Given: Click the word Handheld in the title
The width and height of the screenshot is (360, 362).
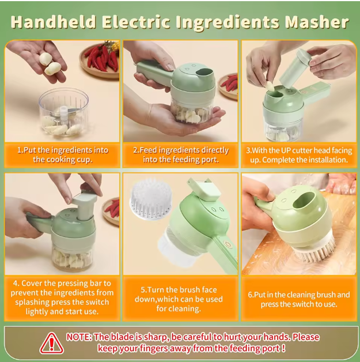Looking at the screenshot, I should pyautogui.click(x=52, y=22).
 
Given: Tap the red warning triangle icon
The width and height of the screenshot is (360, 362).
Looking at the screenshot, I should pyautogui.click(x=52, y=343).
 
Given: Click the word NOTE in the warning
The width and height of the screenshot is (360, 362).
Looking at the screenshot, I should pyautogui.click(x=78, y=337).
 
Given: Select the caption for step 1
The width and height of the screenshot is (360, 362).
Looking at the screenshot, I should pyautogui.click(x=62, y=154).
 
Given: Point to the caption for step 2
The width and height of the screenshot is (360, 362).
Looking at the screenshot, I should pyautogui.click(x=180, y=154).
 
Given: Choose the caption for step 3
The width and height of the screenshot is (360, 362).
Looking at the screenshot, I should pyautogui.click(x=298, y=154).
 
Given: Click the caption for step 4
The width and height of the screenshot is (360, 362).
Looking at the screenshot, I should pyautogui.click(x=62, y=297).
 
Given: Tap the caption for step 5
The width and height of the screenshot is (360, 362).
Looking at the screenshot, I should pyautogui.click(x=180, y=299).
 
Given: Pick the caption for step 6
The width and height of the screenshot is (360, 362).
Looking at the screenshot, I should pyautogui.click(x=298, y=299).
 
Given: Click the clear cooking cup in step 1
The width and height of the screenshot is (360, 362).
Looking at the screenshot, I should pyautogui.click(x=63, y=112).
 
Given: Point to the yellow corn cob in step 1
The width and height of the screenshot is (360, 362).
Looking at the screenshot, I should pyautogui.click(x=113, y=46).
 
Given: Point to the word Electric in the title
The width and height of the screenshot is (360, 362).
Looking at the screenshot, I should pyautogui.click(x=138, y=22).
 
